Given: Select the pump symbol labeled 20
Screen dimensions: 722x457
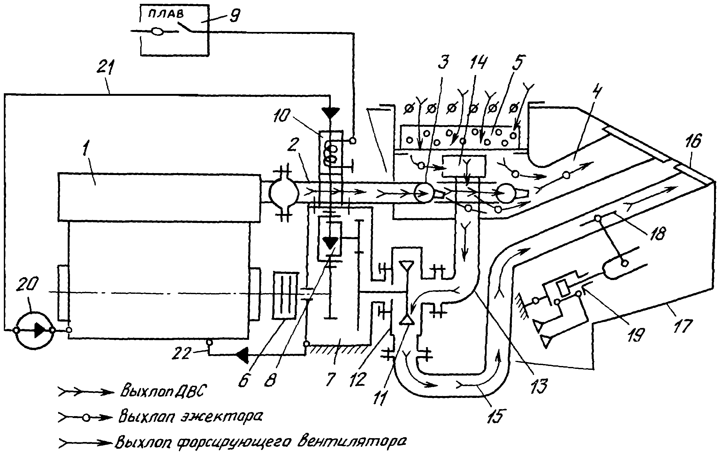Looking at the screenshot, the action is point(33,330).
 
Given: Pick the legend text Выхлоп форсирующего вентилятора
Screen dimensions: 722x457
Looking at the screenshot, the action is point(261,443).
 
